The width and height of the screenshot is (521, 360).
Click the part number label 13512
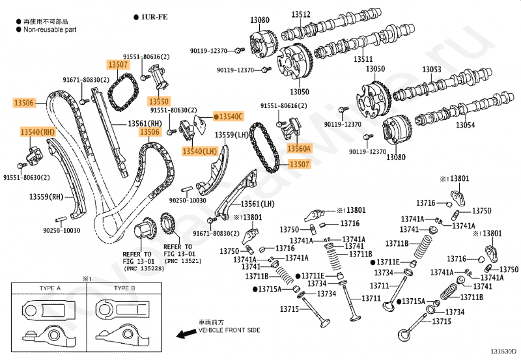point(301,14)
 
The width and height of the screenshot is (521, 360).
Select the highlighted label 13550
point(159,102)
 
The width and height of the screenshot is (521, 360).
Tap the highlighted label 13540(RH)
point(38,132)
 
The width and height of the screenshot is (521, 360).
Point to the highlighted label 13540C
point(229,117)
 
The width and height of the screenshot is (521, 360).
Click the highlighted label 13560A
point(299,148)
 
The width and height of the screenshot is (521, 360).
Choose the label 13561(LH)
point(257,204)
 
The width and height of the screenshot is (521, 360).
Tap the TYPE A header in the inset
point(50,288)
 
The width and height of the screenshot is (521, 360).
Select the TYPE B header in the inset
point(124,288)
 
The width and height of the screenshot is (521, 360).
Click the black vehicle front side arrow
point(186,333)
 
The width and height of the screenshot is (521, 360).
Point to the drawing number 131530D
point(503,352)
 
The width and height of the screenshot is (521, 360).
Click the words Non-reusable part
point(50,29)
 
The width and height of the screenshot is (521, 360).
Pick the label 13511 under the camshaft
point(363,59)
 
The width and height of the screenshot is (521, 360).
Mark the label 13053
point(432,70)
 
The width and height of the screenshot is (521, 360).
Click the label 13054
point(465,125)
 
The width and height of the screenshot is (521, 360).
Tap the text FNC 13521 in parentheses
point(183,261)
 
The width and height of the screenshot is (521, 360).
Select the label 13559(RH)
point(46,197)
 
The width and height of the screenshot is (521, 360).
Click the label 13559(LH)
point(232,135)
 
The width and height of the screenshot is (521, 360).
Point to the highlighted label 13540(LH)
point(200,152)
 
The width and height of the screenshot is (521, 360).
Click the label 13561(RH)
point(145,124)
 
